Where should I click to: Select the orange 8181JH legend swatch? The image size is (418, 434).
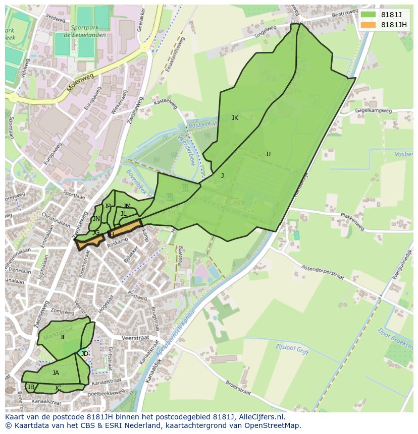pyautogui.click(x=369, y=25)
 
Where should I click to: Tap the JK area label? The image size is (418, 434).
pyautogui.click(x=235, y=118)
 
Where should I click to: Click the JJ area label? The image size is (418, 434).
pyautogui.click(x=268, y=154)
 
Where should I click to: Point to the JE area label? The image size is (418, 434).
pyautogui.click(x=63, y=337)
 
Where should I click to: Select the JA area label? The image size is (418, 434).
pyautogui.click(x=56, y=373)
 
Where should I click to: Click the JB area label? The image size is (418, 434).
pyautogui.click(x=31, y=387)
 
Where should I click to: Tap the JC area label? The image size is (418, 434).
pyautogui.click(x=58, y=388)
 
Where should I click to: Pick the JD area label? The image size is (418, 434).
pyautogui.click(x=85, y=354)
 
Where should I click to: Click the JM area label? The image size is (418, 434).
pyautogui.click(x=127, y=206)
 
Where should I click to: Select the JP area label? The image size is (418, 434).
pyautogui.click(x=108, y=206)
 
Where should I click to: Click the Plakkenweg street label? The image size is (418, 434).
pyautogui.click(x=352, y=222)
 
